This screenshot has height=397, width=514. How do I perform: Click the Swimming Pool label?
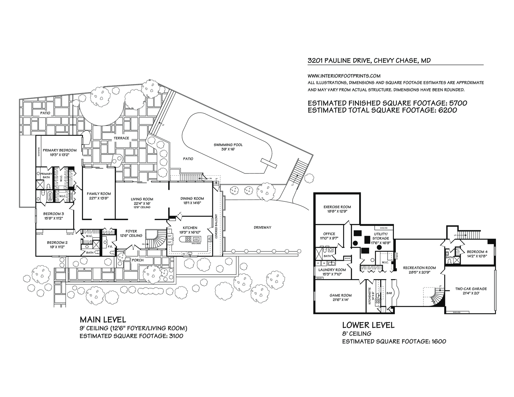pyautogui.click(x=228, y=145)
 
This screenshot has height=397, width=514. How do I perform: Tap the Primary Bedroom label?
pyautogui.click(x=59, y=150)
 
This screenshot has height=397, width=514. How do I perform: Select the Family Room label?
pyautogui.click(x=99, y=194)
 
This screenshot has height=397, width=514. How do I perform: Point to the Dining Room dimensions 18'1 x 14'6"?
pyautogui.click(x=192, y=203)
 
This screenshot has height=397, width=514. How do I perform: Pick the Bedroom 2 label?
pyautogui.click(x=57, y=243)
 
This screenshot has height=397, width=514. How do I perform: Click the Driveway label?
pyautogui.click(x=262, y=227)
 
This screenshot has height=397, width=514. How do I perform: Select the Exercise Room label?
pyautogui.click(x=337, y=207)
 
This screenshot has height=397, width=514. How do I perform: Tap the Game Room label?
pyautogui.click(x=341, y=295)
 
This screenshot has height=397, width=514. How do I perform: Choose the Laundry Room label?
pyautogui.click(x=332, y=270)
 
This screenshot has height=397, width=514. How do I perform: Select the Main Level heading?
pyautogui.click(x=103, y=320)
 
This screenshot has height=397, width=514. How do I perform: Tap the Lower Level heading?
pyautogui.click(x=368, y=325)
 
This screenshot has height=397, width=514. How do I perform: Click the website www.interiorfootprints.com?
pyautogui.click(x=344, y=76)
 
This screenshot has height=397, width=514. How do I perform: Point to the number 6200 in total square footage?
pyautogui.click(x=446, y=110)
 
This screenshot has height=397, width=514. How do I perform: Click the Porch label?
pyautogui.click(x=137, y=260)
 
